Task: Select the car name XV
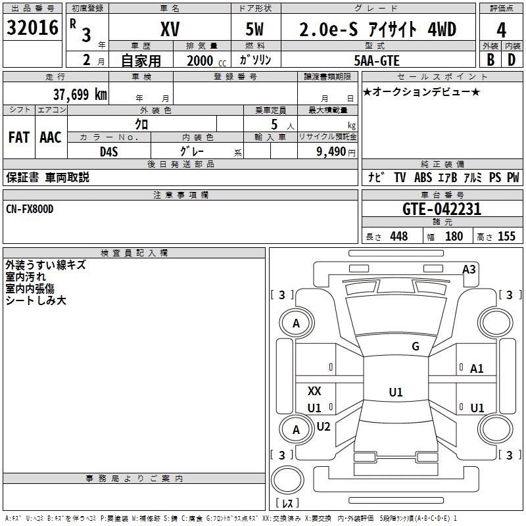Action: point(170,30)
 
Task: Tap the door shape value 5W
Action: point(256,30)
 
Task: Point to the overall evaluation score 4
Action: point(502,30)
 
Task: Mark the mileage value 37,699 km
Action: point(80,95)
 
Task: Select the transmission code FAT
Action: point(18,137)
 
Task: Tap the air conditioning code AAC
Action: point(50,137)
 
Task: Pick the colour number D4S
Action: point(108,151)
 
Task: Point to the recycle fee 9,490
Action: point(331,152)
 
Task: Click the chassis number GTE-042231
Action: point(442,210)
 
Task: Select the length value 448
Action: point(398,237)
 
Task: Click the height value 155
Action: point(506,237)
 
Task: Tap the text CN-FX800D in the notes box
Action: point(30,208)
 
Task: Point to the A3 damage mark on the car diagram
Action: point(469,269)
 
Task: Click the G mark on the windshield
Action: point(416,347)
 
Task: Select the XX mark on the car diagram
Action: point(314,391)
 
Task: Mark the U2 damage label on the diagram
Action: point(323,426)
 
